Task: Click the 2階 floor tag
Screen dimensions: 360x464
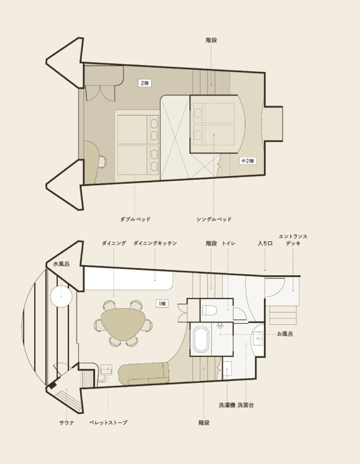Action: click(144, 83)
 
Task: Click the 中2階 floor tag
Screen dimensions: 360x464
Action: click(247, 161)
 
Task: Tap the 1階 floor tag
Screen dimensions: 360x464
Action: click(162, 303)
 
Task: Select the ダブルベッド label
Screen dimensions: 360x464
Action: click(135, 219)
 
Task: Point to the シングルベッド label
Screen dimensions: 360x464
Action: click(214, 219)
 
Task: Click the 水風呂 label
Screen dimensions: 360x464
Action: click(61, 264)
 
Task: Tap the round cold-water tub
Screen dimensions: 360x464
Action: click(61, 297)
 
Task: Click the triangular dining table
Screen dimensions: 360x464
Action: click(123, 324)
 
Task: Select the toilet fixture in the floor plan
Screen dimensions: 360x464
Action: click(210, 311)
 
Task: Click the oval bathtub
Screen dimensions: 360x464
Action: click(201, 338)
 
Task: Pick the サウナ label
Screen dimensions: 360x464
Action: click(67, 423)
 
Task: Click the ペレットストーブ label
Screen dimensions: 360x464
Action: click(108, 423)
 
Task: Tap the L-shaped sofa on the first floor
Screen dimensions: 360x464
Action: click(144, 374)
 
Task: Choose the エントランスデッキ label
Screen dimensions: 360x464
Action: click(293, 239)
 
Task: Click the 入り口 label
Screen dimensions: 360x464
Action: click(265, 244)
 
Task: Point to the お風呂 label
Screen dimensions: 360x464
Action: click(285, 334)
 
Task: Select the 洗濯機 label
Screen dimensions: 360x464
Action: click(227, 405)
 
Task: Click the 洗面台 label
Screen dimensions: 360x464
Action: click(245, 405)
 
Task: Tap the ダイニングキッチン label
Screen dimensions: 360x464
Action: click(155, 243)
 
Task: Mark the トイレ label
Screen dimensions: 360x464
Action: click(229, 243)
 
